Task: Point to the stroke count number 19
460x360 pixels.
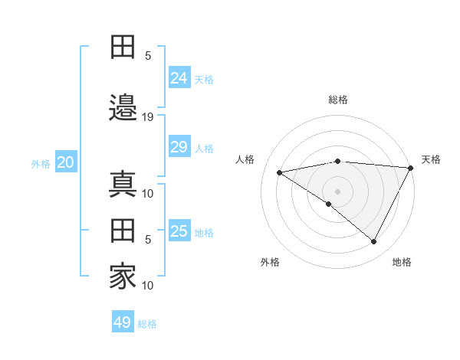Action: (148, 116)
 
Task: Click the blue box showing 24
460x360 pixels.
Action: (179, 78)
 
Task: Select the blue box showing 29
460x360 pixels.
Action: (179, 147)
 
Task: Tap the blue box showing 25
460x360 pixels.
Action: (179, 231)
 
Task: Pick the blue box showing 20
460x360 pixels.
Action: (65, 162)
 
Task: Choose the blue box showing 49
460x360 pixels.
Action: (123, 322)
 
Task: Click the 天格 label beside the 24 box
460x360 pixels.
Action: (204, 80)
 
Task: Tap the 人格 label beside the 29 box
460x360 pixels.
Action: (204, 149)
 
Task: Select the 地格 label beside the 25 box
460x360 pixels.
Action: (204, 233)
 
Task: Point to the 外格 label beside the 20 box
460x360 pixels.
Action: (41, 164)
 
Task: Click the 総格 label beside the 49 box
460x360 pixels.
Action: (147, 324)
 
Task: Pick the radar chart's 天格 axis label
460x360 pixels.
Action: (431, 159)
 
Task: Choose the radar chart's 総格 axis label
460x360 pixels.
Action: (337, 100)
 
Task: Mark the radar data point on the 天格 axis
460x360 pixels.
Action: (411, 168)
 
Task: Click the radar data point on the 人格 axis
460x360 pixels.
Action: (279, 172)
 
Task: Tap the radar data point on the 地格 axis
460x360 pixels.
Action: (374, 242)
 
